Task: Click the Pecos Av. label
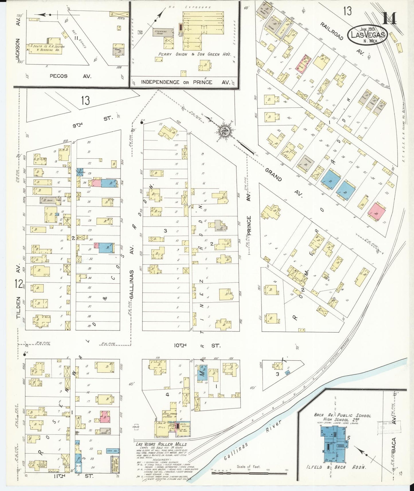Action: [70, 76]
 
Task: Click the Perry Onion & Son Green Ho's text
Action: [195, 54]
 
